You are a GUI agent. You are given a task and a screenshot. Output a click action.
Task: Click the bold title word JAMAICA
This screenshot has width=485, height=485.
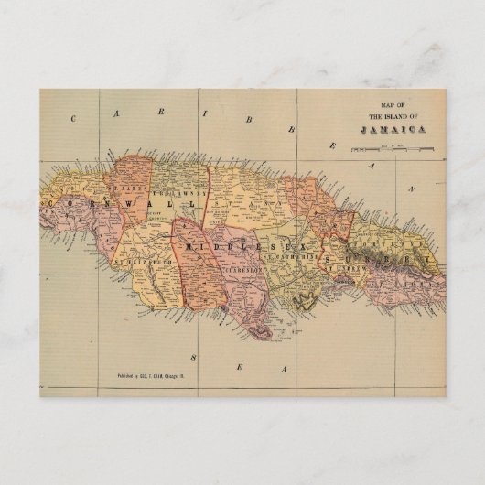(x=383, y=130)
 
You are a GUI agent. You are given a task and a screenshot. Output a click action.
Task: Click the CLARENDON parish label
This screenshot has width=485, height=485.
(x=237, y=271)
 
